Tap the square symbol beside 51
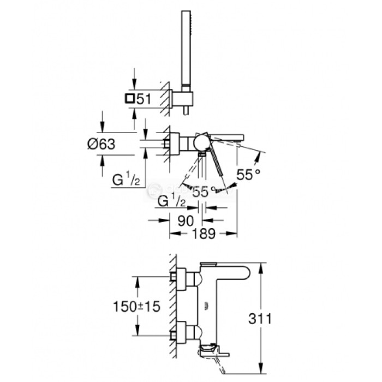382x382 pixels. [x=129, y=98]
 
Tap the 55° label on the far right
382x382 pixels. [x=248, y=175]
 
